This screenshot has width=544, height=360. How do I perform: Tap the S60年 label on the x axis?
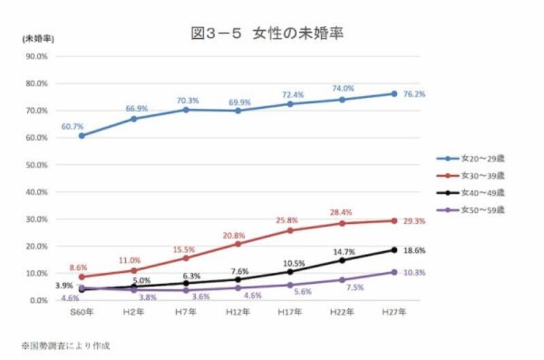[82, 312]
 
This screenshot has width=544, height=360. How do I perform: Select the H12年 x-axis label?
[237, 312]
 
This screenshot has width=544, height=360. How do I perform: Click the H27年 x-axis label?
[394, 312]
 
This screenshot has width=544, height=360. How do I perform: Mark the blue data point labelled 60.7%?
[82, 135]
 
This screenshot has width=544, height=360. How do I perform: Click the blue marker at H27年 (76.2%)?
[394, 93]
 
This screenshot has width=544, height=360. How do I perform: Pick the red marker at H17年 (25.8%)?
[290, 230]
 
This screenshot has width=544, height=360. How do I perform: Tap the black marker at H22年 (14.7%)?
[342, 260]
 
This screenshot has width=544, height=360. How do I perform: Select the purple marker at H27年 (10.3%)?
[394, 272]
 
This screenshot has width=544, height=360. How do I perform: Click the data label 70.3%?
[186, 101]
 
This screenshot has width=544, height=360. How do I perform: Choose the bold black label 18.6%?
[414, 250]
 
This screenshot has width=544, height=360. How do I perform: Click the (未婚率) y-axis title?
[37, 38]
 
